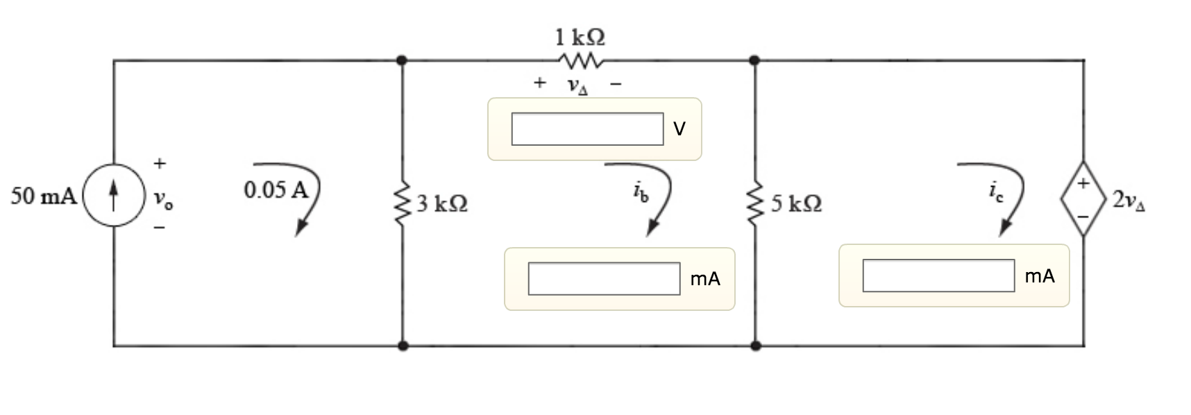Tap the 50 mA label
coord(44,196)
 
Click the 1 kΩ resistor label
coord(580,36)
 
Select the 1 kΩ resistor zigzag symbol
coord(580,61)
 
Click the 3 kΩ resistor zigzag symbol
coord(402,203)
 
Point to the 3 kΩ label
coord(442,203)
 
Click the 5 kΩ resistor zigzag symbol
coord(755,203)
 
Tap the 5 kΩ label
coord(796,203)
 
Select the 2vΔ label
coord(1129,201)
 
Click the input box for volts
coord(587,129)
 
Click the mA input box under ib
coord(604,279)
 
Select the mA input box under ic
coord(938,276)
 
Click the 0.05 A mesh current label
coord(276,189)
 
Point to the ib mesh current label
coord(641,193)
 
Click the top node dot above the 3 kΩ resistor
coord(402,60)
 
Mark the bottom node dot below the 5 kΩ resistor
coord(755,345)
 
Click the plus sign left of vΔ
coord(540,83)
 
